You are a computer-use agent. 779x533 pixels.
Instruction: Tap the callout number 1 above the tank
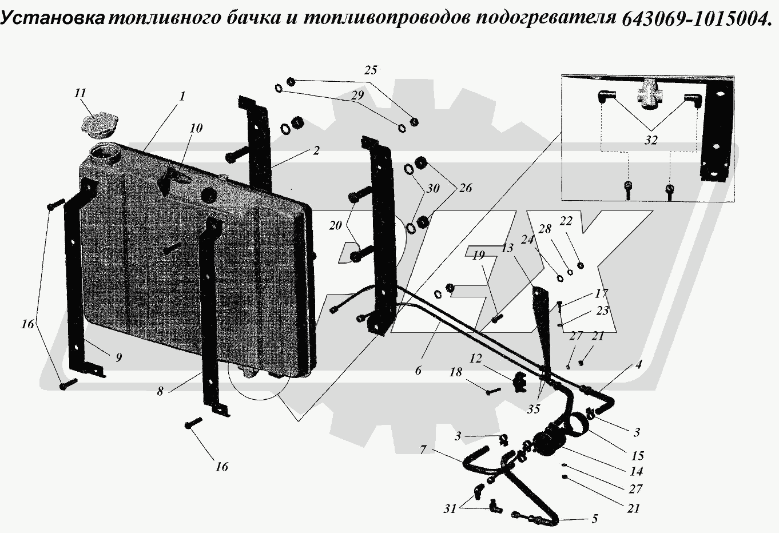click(182, 97)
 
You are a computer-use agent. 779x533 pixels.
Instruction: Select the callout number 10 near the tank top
click(196, 128)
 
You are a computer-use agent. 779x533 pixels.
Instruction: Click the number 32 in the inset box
click(650, 141)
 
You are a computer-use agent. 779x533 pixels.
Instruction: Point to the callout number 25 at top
click(371, 70)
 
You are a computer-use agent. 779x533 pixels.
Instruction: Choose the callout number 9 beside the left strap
click(118, 358)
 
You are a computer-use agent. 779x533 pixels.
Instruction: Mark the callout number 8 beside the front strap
click(161, 392)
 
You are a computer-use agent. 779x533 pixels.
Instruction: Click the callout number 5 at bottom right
click(594, 519)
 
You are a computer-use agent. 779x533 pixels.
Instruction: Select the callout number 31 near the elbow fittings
click(450, 508)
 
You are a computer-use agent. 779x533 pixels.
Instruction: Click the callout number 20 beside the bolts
click(335, 225)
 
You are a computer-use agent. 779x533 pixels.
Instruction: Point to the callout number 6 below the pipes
click(418, 371)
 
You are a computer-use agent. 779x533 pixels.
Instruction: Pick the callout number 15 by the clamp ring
click(637, 456)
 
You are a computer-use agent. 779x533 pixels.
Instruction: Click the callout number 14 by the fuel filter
click(635, 472)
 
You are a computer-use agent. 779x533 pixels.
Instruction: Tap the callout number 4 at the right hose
click(638, 364)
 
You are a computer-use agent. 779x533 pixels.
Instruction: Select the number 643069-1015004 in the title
click(695, 19)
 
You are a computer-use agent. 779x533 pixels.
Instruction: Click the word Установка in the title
click(53, 19)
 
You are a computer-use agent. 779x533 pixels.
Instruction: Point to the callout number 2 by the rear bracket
click(316, 151)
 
